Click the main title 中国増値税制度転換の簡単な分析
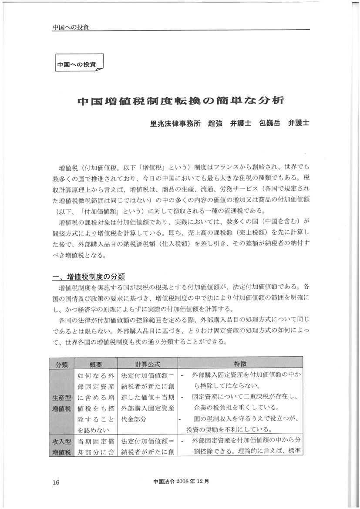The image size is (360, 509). [x=180, y=101]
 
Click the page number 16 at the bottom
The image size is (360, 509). [x=55, y=482]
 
